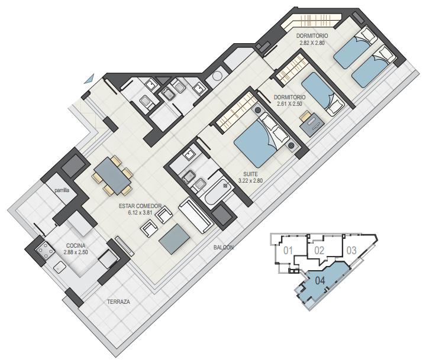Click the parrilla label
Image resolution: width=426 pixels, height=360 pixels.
pos(62,190)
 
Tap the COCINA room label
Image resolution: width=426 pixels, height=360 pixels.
pos(76,246)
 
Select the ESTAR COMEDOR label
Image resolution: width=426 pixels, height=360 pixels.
pos(140,206)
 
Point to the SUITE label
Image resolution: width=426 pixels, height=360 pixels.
pos(250,174)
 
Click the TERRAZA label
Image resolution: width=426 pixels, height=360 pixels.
pos(118,301)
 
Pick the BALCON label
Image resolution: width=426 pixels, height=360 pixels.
pos(223,247)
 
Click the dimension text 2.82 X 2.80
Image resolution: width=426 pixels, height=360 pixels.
pos(312,43)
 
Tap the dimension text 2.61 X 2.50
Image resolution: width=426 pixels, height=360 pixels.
pos(289,103)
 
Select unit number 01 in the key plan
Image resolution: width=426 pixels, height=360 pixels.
pos(288,250)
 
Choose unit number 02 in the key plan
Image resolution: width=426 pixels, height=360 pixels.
pos(319,250)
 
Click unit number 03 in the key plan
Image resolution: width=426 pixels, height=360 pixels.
pos(351,250)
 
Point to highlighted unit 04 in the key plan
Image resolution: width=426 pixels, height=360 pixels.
pos(320,280)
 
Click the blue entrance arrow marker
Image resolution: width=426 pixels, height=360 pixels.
pos(90,79)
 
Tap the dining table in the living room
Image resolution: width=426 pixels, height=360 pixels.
pos(112,176)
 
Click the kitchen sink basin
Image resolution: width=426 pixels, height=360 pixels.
pos(59,267)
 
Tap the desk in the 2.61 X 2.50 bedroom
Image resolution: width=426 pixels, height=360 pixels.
pos(312,123)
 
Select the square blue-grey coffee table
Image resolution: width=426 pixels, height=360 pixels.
pos(175,239)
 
